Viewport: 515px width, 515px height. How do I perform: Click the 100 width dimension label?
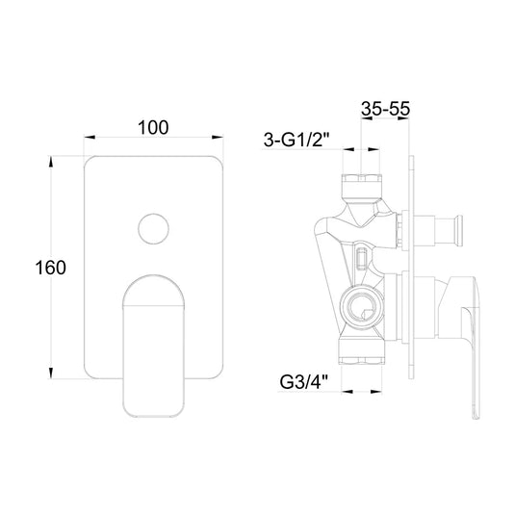[153, 127]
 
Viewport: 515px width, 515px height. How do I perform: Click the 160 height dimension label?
[51, 268]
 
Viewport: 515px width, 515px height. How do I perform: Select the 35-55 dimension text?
[386, 109]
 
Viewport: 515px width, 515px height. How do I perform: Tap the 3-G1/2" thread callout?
[296, 140]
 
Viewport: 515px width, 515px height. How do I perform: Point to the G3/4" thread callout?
[304, 382]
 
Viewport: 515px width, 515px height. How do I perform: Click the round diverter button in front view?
[154, 229]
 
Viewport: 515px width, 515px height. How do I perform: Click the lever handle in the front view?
[154, 346]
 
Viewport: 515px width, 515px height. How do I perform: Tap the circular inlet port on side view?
[361, 307]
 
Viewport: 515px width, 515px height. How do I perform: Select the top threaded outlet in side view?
[362, 185]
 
